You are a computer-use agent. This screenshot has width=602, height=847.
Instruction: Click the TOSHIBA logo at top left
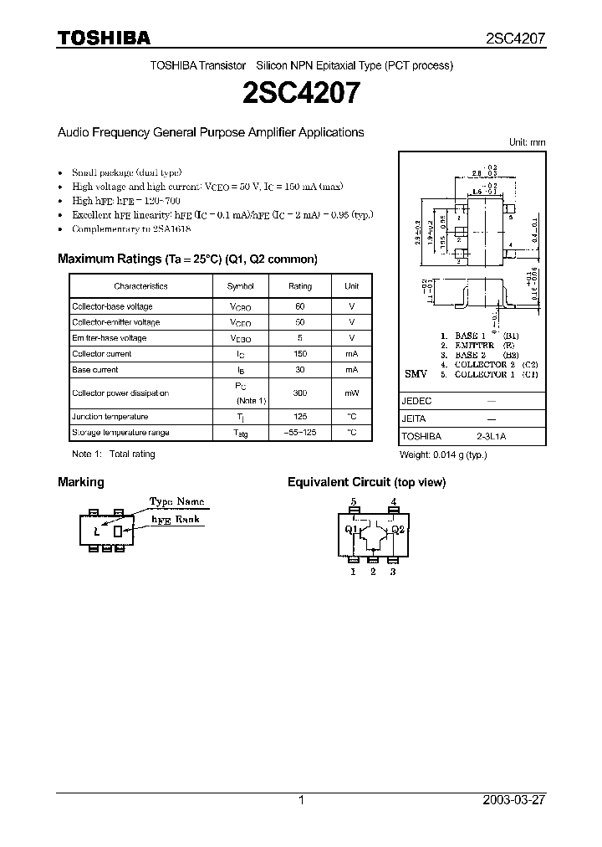tap(104, 38)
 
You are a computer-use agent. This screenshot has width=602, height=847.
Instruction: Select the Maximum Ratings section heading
tap(187, 259)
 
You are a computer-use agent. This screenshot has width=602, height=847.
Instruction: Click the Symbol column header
tap(240, 286)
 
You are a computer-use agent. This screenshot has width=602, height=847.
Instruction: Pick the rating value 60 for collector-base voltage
tap(300, 306)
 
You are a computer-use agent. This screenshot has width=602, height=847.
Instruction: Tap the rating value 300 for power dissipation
tap(300, 393)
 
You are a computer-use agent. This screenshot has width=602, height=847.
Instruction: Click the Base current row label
tap(94, 369)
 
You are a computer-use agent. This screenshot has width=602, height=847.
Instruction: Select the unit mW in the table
tap(351, 393)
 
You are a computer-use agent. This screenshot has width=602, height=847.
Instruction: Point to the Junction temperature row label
tap(110, 416)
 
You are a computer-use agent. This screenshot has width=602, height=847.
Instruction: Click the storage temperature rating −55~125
tap(300, 432)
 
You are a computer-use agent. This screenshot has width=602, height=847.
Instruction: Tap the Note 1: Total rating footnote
tap(114, 454)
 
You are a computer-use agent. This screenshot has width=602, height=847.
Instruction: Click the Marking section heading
tap(81, 482)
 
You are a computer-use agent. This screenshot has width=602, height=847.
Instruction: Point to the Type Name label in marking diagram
tap(176, 501)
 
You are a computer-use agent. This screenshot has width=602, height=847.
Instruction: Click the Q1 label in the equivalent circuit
tap(351, 529)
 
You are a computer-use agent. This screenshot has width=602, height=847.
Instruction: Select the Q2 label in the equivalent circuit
tap(398, 529)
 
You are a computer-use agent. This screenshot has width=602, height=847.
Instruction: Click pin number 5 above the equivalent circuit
tap(354, 502)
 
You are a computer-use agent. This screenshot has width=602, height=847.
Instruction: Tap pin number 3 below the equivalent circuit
tap(393, 572)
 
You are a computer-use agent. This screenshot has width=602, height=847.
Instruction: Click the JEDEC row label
tap(417, 401)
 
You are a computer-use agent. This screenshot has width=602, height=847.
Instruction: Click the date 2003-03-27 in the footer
tap(514, 800)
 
